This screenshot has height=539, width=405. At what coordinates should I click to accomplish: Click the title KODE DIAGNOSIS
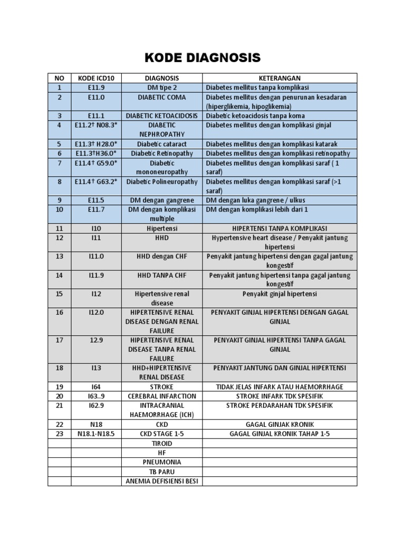(202, 57)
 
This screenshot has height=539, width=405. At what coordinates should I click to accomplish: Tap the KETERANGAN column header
(279, 78)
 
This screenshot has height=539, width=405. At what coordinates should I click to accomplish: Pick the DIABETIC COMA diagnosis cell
(162, 97)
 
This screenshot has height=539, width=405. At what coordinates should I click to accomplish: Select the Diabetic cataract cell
(162, 144)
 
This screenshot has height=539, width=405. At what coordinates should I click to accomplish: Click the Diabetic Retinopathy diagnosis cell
(162, 154)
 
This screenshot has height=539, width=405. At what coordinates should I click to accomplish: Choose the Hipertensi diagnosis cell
(162, 229)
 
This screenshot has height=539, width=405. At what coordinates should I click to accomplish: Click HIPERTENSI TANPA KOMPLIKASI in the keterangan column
(279, 229)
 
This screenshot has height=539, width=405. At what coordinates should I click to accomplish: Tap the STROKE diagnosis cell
(162, 387)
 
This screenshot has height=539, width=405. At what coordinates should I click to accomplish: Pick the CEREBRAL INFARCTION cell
(162, 396)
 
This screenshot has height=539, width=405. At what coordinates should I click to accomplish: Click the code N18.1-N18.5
(97, 434)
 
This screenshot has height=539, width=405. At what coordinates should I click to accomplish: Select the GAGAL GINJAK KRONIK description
(279, 425)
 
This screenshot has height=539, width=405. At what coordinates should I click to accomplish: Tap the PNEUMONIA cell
(162, 462)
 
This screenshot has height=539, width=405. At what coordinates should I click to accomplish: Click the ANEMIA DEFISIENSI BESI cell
(162, 481)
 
